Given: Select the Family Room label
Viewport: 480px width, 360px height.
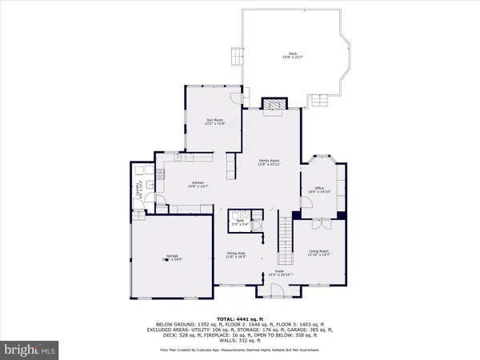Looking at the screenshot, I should pos(268,161).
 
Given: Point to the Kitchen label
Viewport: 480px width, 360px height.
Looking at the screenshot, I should pos(198,184).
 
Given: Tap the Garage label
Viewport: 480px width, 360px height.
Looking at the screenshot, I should pos(173,258).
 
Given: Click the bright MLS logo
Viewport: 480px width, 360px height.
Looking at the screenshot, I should pos(30,349).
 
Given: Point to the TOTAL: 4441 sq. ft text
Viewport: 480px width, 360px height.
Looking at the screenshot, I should pos(239,318).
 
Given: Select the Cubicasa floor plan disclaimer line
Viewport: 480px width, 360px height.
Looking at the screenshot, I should pos(239,350).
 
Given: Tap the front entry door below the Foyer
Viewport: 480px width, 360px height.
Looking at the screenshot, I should pos(266,280).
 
